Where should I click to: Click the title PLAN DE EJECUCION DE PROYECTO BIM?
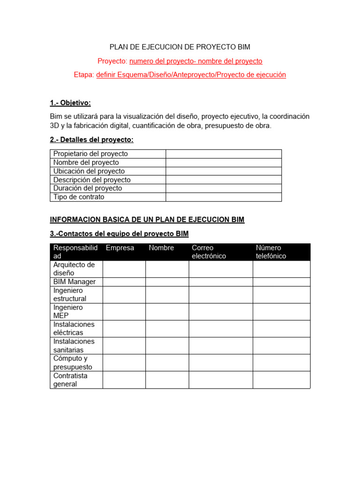tap(180, 47)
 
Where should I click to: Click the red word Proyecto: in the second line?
tap(112, 61)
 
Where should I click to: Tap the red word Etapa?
tap(84, 75)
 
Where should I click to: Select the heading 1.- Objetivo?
tap(70, 103)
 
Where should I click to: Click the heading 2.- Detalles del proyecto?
tap(91, 140)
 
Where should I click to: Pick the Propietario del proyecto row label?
tap(90, 154)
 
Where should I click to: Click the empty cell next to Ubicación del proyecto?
tap(224, 171)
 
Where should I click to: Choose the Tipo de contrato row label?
tap(79, 197)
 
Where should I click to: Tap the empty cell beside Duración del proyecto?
tap(224, 188)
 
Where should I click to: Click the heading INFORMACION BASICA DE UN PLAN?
tap(147, 219)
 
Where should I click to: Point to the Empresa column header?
tap(120, 248)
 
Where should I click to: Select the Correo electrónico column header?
tap(209, 252)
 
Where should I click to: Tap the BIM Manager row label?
tap(75, 282)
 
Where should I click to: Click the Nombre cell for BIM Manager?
tap(167, 282)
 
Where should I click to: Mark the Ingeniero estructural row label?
tap(70, 294)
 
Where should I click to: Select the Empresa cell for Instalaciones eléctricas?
tap(124, 329)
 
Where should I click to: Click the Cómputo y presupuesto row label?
tap(73, 363)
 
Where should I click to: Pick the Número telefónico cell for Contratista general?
tap(281, 380)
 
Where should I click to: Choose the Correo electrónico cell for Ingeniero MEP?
tap(221, 312)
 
